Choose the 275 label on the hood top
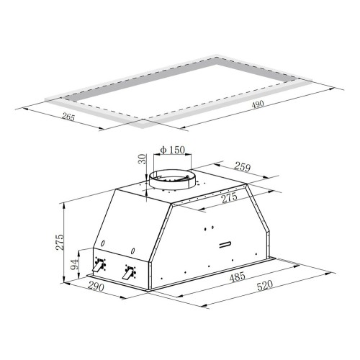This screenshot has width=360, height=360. [x=229, y=199]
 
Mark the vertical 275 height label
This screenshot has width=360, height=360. [x=60, y=241]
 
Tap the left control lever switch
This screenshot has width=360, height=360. [x=99, y=264]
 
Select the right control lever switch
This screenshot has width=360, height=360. [x=129, y=273]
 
